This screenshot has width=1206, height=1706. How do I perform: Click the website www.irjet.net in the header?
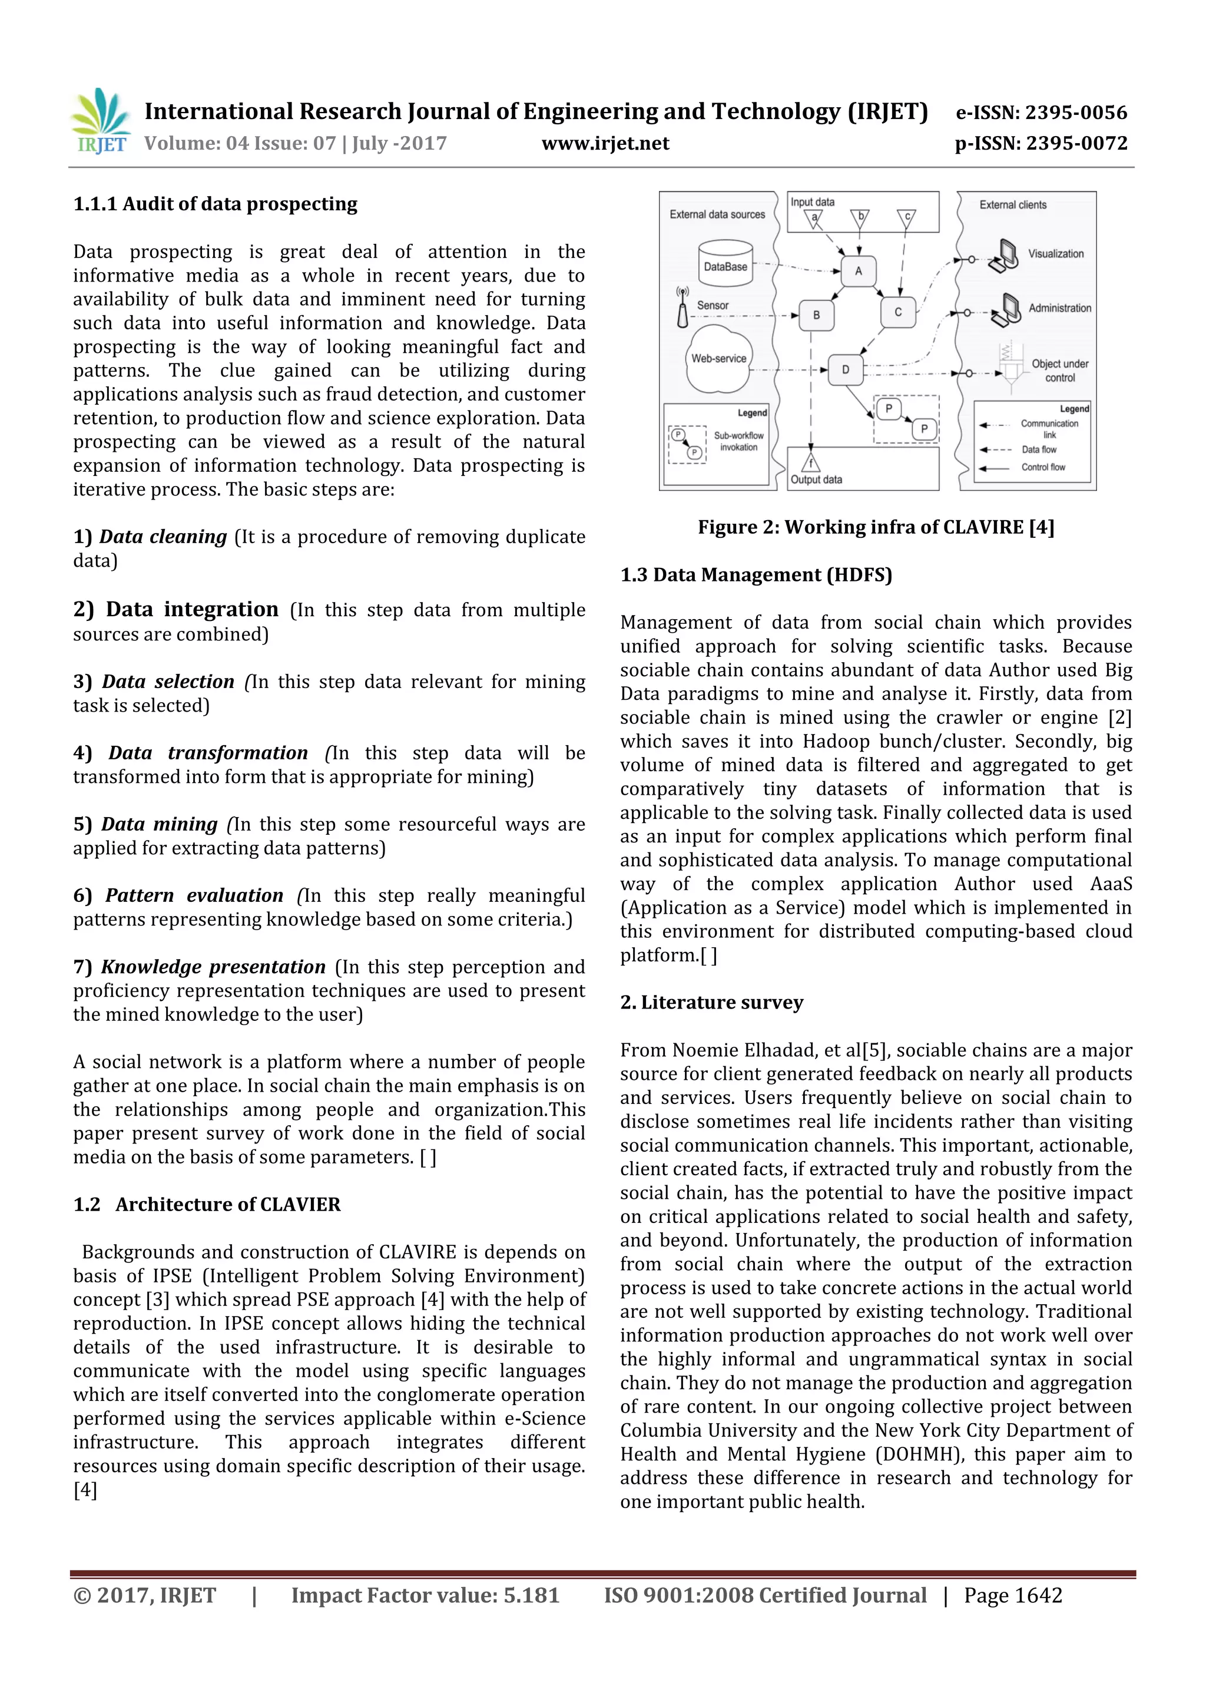click(x=605, y=143)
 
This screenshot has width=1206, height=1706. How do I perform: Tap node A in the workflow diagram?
click(x=859, y=271)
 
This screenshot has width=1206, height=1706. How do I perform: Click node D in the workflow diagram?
click(x=845, y=369)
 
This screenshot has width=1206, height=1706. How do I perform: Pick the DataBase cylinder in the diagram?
click(x=725, y=264)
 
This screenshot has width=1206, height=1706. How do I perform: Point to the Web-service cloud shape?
click(x=718, y=359)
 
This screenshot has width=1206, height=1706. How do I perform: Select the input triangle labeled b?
click(x=860, y=219)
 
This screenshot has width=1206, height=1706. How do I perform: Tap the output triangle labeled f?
click(x=811, y=463)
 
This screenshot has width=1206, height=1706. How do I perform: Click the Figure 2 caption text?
click(x=876, y=528)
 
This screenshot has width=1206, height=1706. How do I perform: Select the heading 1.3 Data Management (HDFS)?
click(x=756, y=575)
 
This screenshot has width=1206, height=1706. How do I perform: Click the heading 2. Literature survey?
click(x=711, y=1003)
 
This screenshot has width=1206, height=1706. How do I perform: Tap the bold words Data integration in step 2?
click(x=191, y=609)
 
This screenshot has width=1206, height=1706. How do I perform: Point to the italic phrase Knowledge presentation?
click(x=213, y=967)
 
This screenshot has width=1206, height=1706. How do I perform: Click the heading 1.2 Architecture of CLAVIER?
click(x=207, y=1205)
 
